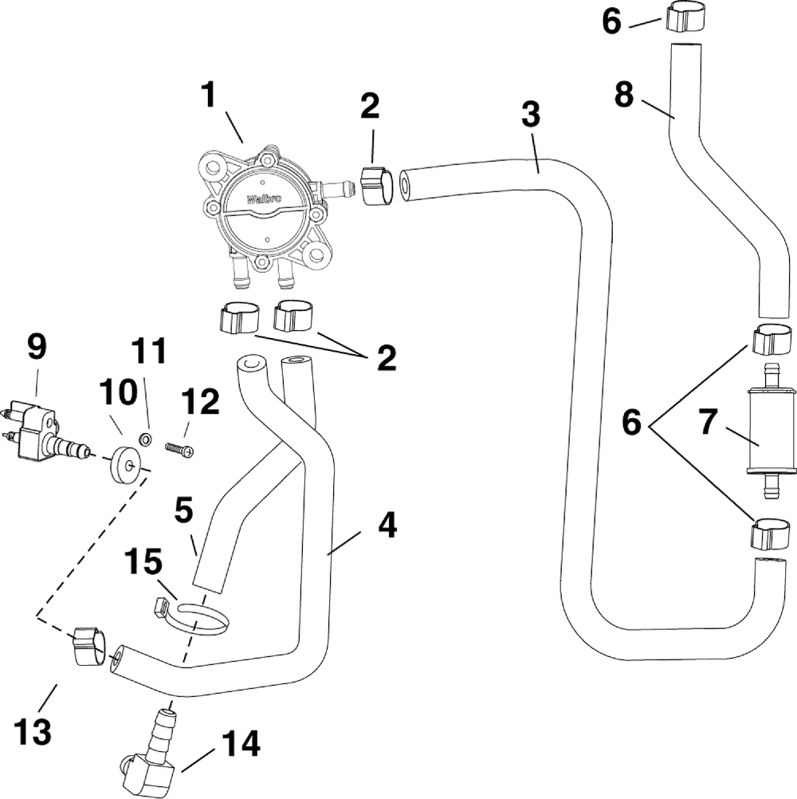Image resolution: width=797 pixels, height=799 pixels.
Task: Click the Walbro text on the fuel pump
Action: pos(264,199)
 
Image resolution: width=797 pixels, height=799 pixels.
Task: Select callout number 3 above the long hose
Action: pos(531,114)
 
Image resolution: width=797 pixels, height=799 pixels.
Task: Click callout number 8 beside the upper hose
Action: pos(624,94)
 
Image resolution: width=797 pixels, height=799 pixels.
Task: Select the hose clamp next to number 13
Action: pos(89,646)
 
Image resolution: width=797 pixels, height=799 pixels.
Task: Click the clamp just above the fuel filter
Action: pos(772,340)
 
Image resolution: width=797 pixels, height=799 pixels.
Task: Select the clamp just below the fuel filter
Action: pos(771,536)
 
